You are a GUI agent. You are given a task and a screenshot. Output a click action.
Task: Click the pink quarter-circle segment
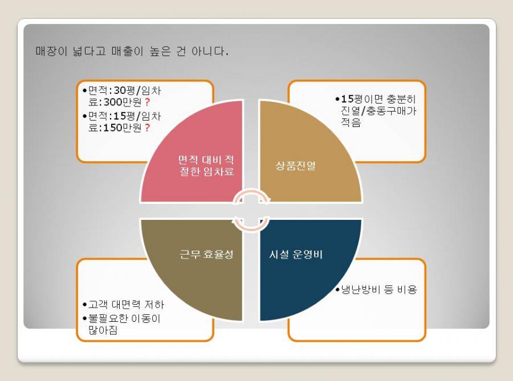(x=203, y=163)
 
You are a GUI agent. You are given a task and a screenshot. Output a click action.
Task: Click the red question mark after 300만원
(x=147, y=103)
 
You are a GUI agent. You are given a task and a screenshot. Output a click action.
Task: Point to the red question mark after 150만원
(x=147, y=128)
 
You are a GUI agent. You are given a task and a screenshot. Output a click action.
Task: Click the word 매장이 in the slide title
(x=51, y=51)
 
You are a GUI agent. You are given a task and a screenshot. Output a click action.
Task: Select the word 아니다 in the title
(x=210, y=51)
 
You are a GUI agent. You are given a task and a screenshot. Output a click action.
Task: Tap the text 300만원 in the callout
(x=123, y=103)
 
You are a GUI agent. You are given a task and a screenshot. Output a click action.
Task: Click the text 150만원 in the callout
(x=123, y=128)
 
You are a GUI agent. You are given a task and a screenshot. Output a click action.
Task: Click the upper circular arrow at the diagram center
(x=252, y=196)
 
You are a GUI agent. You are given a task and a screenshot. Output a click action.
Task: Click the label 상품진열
(x=295, y=166)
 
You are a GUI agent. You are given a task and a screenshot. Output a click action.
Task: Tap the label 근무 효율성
(x=206, y=254)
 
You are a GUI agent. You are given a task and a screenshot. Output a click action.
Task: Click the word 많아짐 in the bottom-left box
(x=103, y=330)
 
